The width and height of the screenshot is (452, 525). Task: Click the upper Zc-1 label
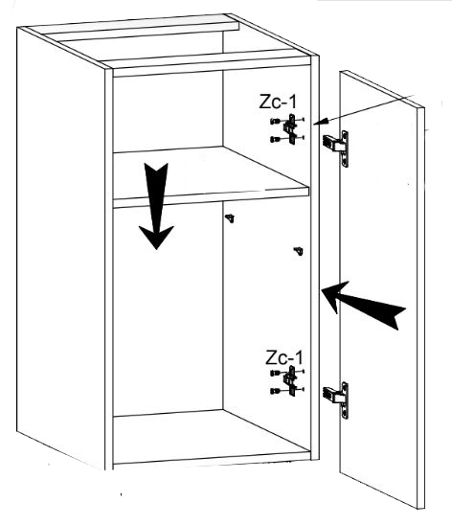(278, 102)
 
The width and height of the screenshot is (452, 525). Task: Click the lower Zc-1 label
(284, 357)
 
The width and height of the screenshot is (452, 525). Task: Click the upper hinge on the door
(336, 148)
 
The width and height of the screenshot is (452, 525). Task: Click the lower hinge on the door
(336, 399)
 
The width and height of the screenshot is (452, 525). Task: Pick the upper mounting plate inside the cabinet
(290, 129)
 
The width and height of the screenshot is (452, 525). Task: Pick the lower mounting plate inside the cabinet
(290, 380)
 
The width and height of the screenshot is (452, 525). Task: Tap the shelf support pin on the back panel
(230, 218)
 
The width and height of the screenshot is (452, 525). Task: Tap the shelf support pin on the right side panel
(299, 251)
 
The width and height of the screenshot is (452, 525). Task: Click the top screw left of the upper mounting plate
(276, 122)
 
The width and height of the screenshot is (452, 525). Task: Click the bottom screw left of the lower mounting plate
(276, 391)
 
